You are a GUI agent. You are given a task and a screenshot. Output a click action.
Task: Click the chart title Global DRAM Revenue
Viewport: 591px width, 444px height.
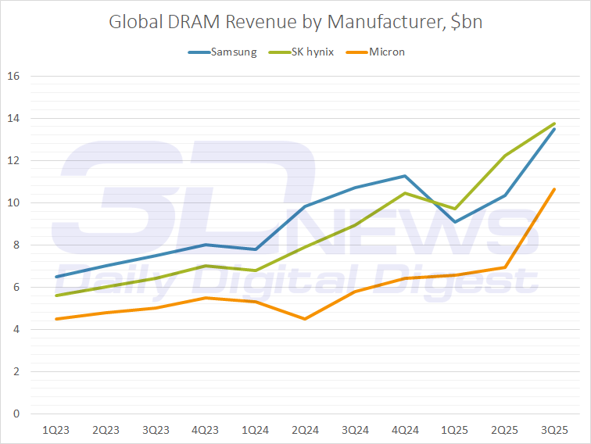tap(295, 21)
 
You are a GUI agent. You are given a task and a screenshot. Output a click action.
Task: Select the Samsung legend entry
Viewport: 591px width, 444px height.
tap(232, 52)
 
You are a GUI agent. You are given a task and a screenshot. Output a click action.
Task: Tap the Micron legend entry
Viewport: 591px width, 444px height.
tap(385, 52)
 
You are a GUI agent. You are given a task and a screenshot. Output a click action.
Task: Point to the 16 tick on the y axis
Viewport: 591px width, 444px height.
tap(13, 77)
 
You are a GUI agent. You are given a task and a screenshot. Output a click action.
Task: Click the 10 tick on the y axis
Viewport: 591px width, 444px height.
tap(13, 203)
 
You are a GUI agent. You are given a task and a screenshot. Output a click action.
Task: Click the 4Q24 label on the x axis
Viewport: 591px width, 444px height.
tap(404, 431)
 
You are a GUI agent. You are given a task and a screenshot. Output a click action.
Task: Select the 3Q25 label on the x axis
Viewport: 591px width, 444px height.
tap(554, 431)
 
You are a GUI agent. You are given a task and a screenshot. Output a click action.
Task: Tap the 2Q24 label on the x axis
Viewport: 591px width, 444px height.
tap(304, 431)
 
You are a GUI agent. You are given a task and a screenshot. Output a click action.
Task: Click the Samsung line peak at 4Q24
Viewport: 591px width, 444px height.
tap(404, 176)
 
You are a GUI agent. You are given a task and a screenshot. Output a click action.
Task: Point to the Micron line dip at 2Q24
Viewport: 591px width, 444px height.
tap(304, 319)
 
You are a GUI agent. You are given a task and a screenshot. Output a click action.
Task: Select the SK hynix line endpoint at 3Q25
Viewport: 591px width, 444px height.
tap(554, 124)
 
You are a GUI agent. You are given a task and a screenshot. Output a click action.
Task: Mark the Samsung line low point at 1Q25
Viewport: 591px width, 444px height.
tap(454, 222)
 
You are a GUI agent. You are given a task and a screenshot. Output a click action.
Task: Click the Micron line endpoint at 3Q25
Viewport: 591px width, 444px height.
tap(554, 189)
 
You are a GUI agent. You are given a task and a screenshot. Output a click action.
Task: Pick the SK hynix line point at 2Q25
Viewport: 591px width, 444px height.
tap(504, 156)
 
